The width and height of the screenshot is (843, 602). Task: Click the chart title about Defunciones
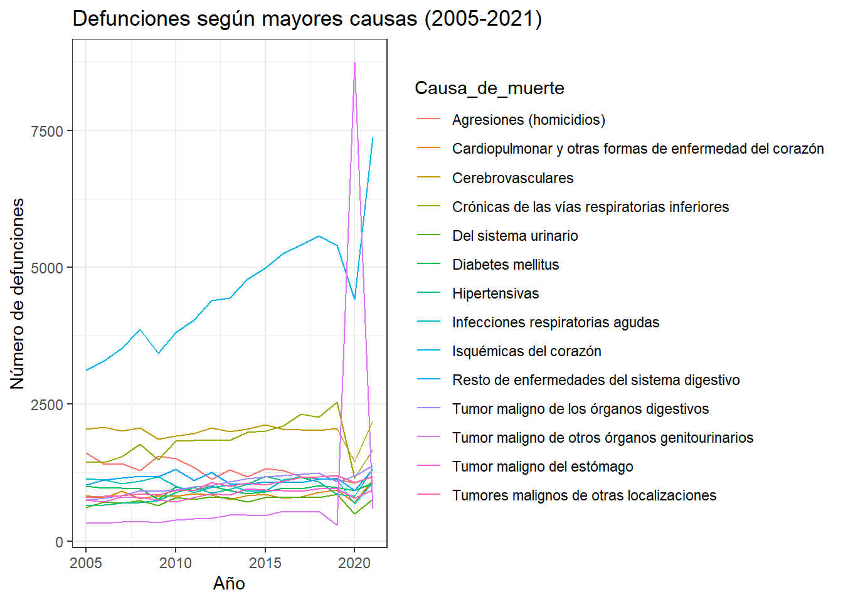click(307, 19)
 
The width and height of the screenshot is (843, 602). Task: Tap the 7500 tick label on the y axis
click(48, 132)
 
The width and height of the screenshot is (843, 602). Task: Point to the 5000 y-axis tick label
click(48, 268)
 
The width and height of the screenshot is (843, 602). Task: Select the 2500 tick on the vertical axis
click(48, 405)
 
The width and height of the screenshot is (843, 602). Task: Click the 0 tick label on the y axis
click(60, 542)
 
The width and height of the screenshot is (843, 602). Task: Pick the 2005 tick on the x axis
click(86, 563)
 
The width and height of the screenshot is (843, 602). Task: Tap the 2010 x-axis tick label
click(176, 563)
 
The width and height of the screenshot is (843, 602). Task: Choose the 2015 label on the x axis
click(265, 563)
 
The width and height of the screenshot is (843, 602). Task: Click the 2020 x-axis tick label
click(354, 563)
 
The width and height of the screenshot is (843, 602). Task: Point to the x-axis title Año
click(229, 584)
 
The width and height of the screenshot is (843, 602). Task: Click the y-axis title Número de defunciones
click(18, 293)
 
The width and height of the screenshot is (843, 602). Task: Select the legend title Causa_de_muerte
click(489, 88)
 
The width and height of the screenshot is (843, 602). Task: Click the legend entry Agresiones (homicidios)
click(528, 120)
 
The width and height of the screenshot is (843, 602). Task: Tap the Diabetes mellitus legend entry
click(505, 265)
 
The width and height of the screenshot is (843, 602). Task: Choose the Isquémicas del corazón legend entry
click(526, 351)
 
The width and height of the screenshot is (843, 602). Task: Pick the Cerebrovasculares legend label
click(512, 178)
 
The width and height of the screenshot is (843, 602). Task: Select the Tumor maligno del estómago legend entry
click(543, 467)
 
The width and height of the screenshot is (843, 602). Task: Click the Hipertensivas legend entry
click(495, 293)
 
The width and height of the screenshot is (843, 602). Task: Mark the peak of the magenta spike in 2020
click(354, 63)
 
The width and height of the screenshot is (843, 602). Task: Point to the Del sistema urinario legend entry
click(515, 236)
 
